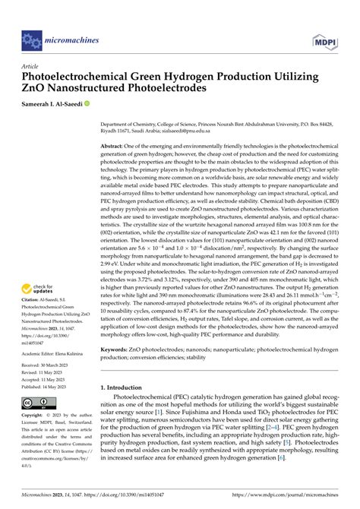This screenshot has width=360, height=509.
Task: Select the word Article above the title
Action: click(30, 66)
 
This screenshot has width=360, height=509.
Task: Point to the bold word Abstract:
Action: click(114, 145)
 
